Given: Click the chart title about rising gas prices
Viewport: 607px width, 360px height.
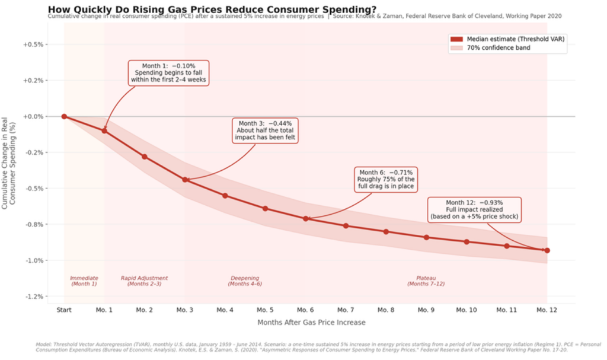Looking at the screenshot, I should coord(212,9).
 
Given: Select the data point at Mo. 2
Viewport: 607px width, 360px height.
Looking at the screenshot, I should coord(145,157).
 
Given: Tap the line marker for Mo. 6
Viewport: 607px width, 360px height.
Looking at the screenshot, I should coord(306,219).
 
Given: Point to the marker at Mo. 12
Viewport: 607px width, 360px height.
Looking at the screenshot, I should coord(547,250).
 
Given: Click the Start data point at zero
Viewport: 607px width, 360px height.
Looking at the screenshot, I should coord(64,116).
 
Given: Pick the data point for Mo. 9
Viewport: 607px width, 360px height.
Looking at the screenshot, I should coord(426,237).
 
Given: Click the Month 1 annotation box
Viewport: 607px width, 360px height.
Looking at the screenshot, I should coord(168,72).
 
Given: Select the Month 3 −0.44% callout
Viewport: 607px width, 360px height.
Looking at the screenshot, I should coord(265,130).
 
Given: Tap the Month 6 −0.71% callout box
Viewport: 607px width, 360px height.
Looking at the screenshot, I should coord(385,179).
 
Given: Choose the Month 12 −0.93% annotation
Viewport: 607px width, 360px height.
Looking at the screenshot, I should coord(474,209).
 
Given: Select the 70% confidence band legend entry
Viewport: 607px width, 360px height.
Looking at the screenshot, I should coord(493,47).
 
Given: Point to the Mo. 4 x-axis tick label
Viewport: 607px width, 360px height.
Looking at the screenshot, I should coord(225,310).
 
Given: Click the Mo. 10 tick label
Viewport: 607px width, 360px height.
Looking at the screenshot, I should coord(467,310).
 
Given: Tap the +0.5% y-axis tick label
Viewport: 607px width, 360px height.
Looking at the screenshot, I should coord(33,44).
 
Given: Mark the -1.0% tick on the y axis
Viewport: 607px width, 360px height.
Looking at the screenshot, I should coord(33,260).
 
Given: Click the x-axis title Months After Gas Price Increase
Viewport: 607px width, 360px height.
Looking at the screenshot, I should coord(311,323).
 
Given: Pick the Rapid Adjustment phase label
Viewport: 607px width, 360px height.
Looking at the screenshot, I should coord(144,281).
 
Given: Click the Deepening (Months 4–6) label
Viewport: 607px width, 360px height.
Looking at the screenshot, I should coord(245,281).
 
